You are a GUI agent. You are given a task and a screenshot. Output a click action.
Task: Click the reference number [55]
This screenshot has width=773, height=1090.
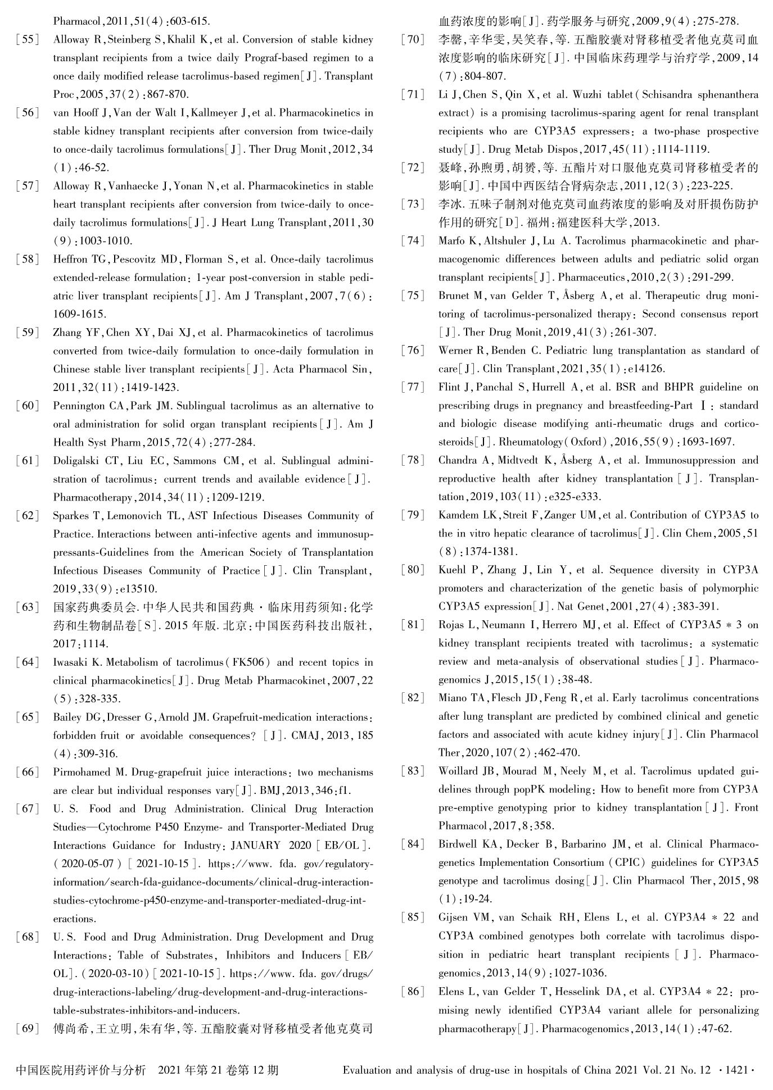28,40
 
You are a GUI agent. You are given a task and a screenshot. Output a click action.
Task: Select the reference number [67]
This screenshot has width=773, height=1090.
28,809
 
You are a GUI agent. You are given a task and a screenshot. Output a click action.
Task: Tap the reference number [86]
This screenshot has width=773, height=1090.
413,992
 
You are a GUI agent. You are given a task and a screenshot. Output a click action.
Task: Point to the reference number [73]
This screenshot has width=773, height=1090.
413,205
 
